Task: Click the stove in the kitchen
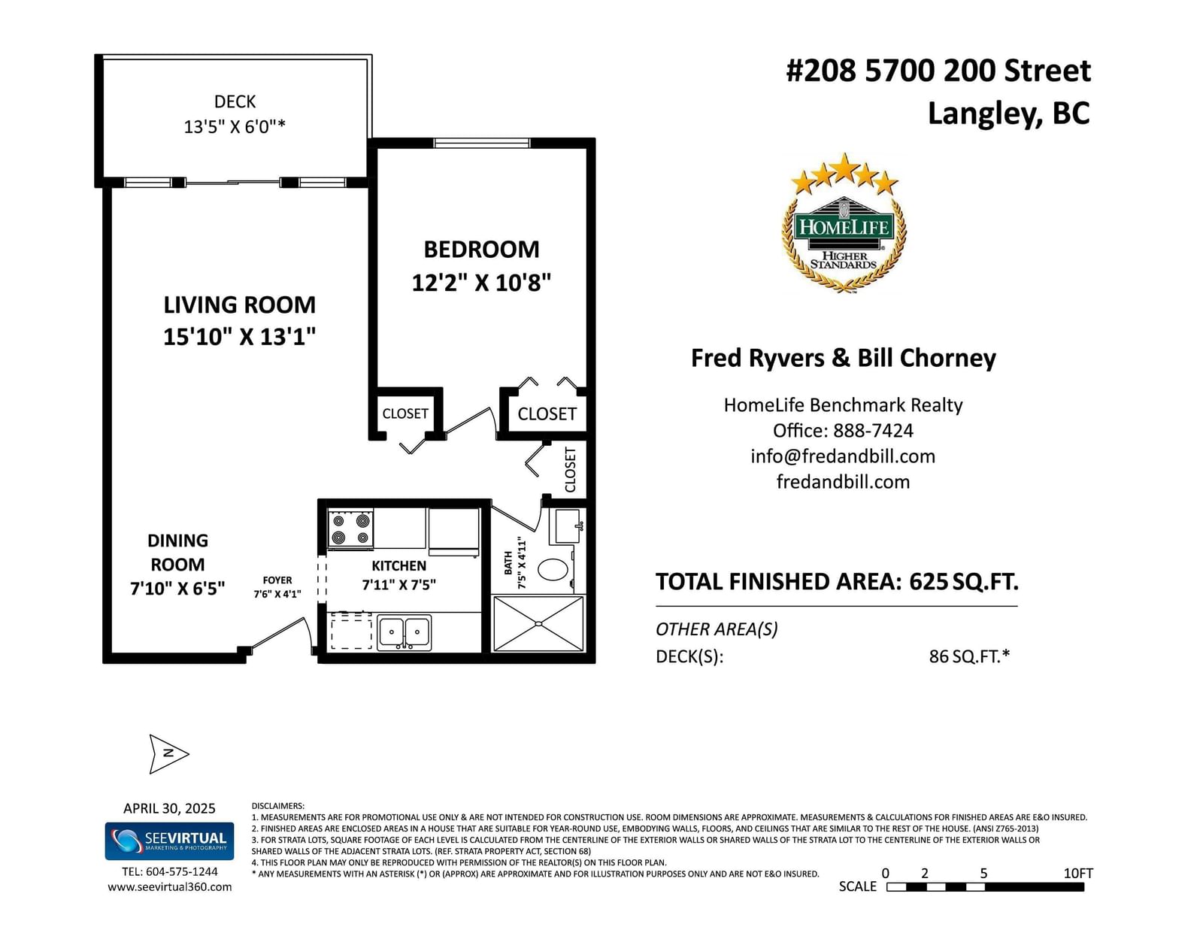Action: pyautogui.click(x=350, y=529)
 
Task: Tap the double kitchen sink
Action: pyautogui.click(x=405, y=632)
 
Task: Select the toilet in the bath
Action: pyautogui.click(x=553, y=568)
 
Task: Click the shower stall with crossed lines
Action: pyautogui.click(x=538, y=623)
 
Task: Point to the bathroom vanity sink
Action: pyautogui.click(x=565, y=526)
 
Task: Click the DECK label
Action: pyautogui.click(x=235, y=101)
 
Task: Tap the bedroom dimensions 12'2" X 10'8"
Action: pyautogui.click(x=481, y=283)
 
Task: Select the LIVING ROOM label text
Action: pyautogui.click(x=240, y=305)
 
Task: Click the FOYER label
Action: pyautogui.click(x=277, y=580)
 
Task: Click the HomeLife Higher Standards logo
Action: pyautogui.click(x=844, y=223)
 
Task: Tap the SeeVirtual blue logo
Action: pyautogui.click(x=169, y=841)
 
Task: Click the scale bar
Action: pyautogui.click(x=985, y=887)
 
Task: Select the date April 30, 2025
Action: pyautogui.click(x=169, y=809)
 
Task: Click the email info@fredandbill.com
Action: pyautogui.click(x=843, y=456)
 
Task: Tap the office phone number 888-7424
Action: pyautogui.click(x=873, y=431)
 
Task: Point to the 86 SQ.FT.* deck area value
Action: pyautogui.click(x=969, y=656)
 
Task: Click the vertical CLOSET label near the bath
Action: pyautogui.click(x=570, y=469)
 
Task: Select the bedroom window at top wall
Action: pyautogui.click(x=482, y=144)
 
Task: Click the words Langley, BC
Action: pyautogui.click(x=1009, y=114)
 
